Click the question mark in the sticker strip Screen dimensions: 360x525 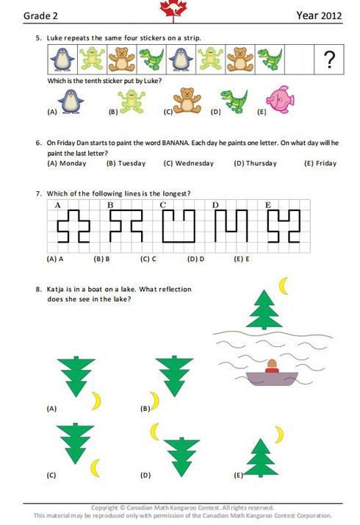[x=330, y=60]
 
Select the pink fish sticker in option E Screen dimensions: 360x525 [x=280, y=99]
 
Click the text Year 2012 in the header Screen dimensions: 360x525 [x=319, y=15]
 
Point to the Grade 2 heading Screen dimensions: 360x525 [x=40, y=15]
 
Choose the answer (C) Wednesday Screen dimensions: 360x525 [x=188, y=163]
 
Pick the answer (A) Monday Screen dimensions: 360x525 [x=67, y=163]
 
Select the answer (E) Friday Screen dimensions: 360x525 [x=320, y=163]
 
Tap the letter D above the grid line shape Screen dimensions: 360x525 [x=215, y=205]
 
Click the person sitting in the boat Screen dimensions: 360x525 [x=272, y=366]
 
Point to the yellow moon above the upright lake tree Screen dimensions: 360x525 [x=284, y=285]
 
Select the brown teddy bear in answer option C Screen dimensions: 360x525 [x=187, y=101]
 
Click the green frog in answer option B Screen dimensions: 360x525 [x=132, y=101]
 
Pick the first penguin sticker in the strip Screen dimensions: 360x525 [x=62, y=60]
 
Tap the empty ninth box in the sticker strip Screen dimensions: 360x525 [x=300, y=60]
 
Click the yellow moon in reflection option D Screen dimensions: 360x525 [x=154, y=431]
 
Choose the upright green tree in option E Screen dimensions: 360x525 [x=261, y=457]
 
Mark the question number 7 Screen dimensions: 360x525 [x=38, y=193]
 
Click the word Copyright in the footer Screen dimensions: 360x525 [x=104, y=507]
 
